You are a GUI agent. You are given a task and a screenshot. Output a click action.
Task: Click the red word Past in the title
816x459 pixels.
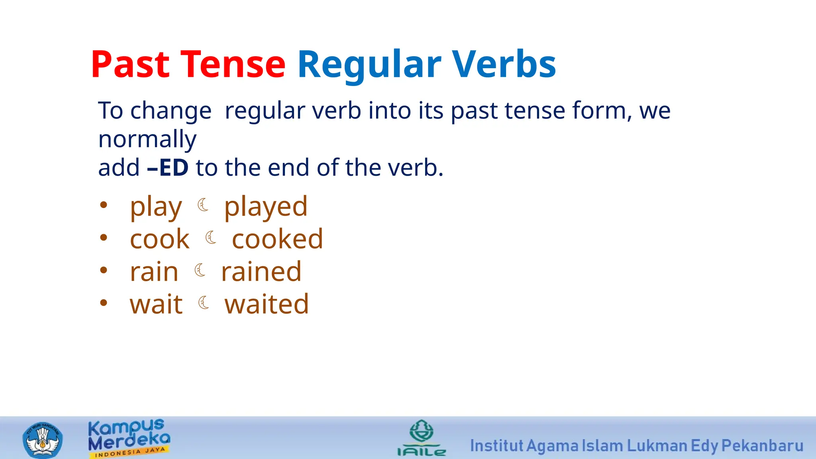click(x=131, y=64)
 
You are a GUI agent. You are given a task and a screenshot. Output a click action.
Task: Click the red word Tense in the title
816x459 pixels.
click(x=233, y=64)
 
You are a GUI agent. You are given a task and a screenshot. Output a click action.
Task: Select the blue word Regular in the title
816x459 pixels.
click(x=369, y=65)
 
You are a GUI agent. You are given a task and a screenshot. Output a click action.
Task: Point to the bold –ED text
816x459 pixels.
click(x=168, y=168)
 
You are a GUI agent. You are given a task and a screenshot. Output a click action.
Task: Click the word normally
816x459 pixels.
click(x=147, y=139)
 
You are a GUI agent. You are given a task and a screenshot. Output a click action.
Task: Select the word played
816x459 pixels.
click(x=266, y=207)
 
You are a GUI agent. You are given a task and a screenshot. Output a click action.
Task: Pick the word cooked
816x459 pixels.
click(x=277, y=239)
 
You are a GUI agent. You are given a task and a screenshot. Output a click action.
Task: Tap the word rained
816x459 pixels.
click(x=261, y=272)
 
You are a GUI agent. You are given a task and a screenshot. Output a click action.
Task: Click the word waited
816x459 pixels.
click(x=267, y=304)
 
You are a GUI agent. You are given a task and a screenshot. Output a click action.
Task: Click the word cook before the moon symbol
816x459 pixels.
click(x=159, y=239)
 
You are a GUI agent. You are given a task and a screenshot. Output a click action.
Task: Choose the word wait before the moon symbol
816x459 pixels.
click(x=156, y=304)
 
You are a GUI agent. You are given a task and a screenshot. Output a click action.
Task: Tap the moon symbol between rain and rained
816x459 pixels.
click(x=200, y=270)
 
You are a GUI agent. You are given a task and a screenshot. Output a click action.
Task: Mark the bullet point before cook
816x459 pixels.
click(x=104, y=238)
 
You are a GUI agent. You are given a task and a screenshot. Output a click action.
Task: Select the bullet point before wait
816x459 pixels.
click(x=104, y=303)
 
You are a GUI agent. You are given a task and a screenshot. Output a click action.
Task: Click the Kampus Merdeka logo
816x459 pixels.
click(x=129, y=438)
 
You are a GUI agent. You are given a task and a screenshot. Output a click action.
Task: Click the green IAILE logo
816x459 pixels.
click(x=422, y=438)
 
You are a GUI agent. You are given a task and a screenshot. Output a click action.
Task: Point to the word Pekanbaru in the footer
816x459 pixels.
click(x=762, y=446)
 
